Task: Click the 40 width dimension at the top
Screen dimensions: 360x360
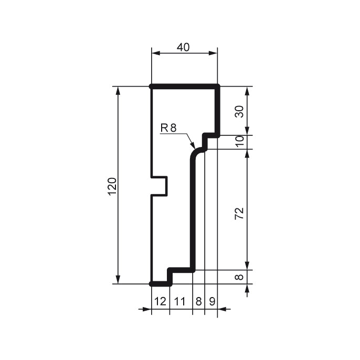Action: [x=183, y=47]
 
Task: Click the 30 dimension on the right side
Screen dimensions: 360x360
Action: [x=240, y=111]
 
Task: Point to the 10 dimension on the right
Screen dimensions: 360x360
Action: [x=240, y=142]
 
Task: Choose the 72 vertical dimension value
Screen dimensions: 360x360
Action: [x=240, y=213]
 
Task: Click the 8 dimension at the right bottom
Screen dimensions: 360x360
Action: [x=240, y=277]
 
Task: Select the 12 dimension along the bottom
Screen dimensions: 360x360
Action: [x=160, y=301]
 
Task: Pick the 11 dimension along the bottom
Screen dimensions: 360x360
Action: [x=181, y=301]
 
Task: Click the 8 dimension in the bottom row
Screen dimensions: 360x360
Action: [x=198, y=301]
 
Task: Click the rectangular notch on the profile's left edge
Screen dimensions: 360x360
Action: [x=160, y=186]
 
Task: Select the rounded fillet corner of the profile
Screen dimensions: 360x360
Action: [x=195, y=153]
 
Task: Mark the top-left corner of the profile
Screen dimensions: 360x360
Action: [x=151, y=86]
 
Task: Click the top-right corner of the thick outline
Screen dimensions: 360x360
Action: [x=217, y=86]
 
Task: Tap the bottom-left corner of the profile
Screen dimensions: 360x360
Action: [x=152, y=283]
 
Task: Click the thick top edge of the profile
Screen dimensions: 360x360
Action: [x=184, y=86]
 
